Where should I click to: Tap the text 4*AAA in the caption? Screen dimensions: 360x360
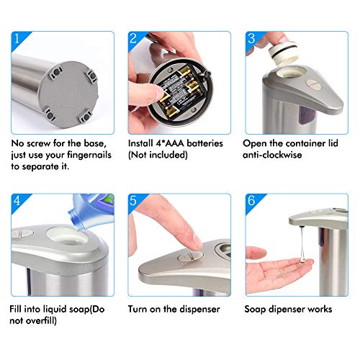pyautogui.click(x=165, y=143)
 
